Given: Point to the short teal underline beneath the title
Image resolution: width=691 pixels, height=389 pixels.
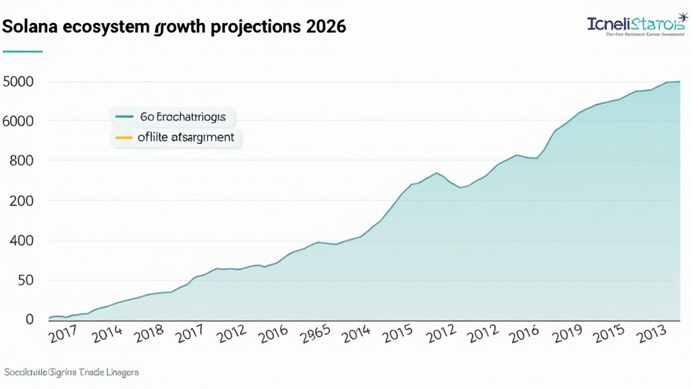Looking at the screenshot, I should pos(23,51).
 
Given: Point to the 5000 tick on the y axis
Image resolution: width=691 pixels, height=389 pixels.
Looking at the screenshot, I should pos(18,82).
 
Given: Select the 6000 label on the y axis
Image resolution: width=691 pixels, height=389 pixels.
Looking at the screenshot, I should pos(18,122).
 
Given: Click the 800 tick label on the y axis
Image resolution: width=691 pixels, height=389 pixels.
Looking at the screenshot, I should pos(22,161).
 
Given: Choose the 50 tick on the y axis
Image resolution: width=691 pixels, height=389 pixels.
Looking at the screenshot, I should pos(26,280).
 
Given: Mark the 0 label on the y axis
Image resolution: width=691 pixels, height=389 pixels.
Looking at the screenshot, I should pos(29,319).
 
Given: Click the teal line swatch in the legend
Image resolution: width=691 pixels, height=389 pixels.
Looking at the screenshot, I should pos(124,117).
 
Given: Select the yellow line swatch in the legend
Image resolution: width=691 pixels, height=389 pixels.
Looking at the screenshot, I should pos(124,137).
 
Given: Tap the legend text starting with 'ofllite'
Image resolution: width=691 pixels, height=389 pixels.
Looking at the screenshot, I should pos(186,137).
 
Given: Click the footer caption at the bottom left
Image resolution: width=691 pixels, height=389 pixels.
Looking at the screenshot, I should pos(71,372).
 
